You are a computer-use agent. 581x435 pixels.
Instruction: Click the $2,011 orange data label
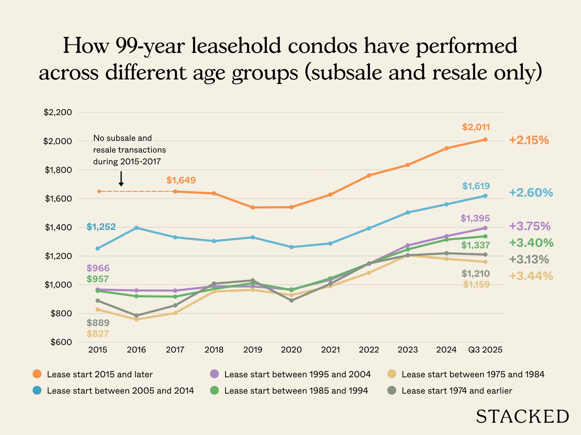tap(476, 127)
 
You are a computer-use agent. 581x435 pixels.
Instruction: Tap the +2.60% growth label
tap(531, 193)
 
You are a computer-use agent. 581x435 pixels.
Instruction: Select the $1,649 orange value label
tap(181, 180)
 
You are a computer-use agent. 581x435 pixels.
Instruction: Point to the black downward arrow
tap(121, 179)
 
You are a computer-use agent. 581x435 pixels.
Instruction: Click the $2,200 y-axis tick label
tap(58, 113)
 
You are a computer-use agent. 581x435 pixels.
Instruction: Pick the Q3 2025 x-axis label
tap(485, 350)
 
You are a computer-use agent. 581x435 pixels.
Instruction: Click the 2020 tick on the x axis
tap(291, 350)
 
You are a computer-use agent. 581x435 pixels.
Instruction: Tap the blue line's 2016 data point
tap(137, 228)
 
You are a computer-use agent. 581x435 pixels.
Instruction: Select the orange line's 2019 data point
tap(253, 207)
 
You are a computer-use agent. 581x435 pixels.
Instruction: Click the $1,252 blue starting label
tap(101, 227)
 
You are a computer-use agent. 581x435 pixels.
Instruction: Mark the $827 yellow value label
tap(98, 334)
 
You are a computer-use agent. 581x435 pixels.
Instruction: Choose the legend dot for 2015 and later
tap(37, 374)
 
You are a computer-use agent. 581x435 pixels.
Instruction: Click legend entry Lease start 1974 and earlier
tap(457, 391)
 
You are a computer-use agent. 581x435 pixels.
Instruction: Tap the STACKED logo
tap(522, 417)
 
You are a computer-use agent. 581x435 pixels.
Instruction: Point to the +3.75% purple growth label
tap(530, 226)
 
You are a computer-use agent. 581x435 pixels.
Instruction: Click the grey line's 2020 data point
tap(291, 300)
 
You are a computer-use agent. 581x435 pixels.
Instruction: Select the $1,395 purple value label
tap(475, 218)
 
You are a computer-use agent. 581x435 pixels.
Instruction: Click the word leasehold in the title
tap(236, 46)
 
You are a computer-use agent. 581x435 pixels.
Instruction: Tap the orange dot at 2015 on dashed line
tap(99, 191)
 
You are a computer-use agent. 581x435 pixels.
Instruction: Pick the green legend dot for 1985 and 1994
tap(214, 391)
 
